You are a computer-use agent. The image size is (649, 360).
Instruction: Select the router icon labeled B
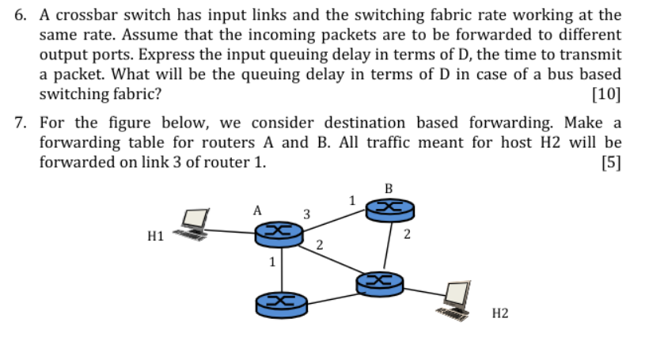389,208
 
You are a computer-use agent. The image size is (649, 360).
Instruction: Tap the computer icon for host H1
194,223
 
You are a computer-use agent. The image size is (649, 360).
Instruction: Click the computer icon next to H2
457,299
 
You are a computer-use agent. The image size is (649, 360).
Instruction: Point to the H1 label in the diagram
155,235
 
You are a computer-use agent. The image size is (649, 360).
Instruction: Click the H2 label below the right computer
500,314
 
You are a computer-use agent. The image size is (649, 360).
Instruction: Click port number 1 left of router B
352,199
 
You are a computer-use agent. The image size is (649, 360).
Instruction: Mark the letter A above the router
256,210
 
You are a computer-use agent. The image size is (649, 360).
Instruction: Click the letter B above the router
388,188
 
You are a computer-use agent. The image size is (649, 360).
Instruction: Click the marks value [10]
606,93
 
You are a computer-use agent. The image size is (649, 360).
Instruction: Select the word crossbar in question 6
83,15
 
